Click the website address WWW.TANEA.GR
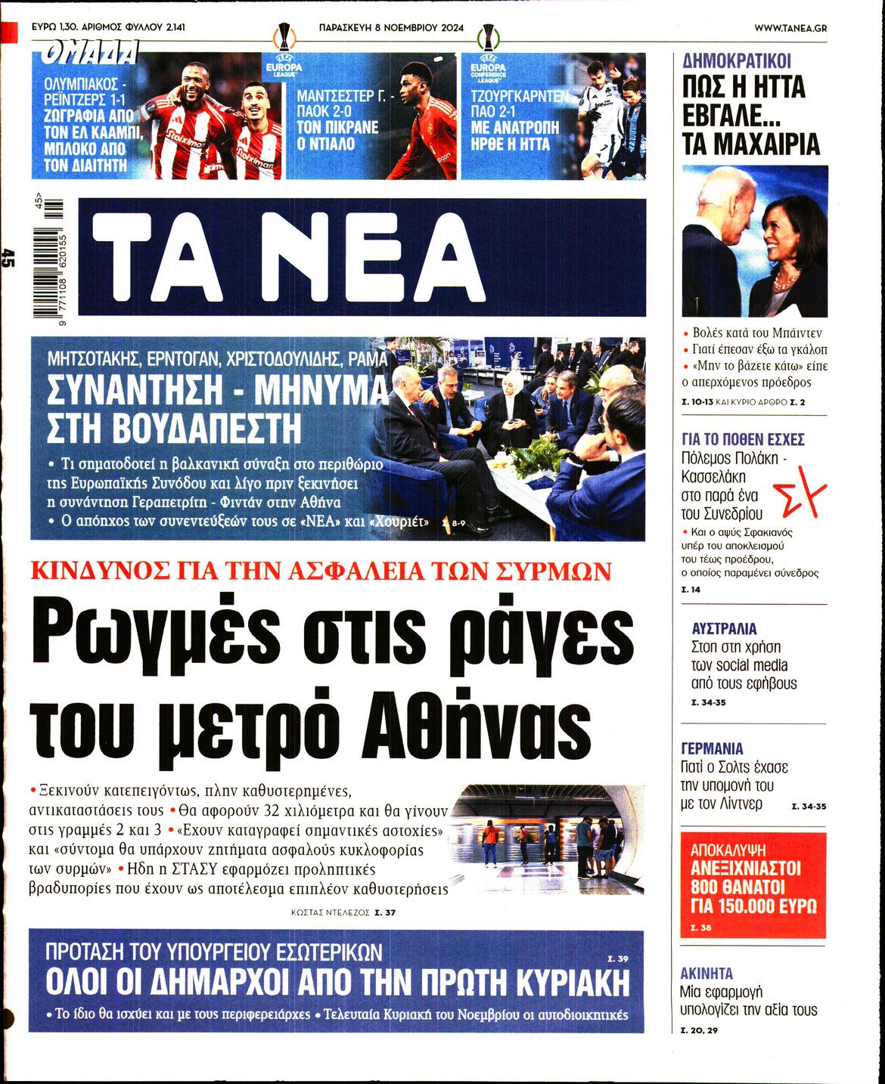pyautogui.click(x=790, y=28)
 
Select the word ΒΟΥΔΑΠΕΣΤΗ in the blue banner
pyautogui.click(x=173, y=429)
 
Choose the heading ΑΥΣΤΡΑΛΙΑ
pyautogui.click(x=724, y=628)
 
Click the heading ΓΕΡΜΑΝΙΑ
pyautogui.click(x=712, y=748)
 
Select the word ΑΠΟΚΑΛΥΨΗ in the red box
pyautogui.click(x=728, y=850)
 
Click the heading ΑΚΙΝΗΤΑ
pyautogui.click(x=706, y=974)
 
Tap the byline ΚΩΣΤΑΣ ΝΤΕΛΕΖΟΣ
pyautogui.click(x=330, y=913)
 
